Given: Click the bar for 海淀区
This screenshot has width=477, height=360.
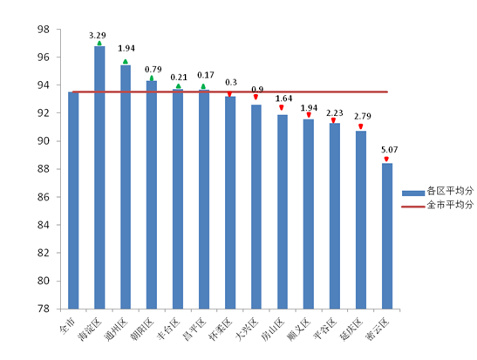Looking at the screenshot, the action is click(x=99, y=178).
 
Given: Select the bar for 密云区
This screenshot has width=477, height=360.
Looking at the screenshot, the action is click(x=387, y=236).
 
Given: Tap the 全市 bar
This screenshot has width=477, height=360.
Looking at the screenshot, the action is click(x=73, y=200).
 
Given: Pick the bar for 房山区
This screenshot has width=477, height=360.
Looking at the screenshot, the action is click(x=283, y=212).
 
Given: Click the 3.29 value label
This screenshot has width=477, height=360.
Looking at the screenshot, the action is click(x=98, y=36).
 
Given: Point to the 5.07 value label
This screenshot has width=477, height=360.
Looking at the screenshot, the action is click(x=390, y=150).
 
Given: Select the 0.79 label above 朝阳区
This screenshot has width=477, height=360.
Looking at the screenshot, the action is click(x=153, y=70).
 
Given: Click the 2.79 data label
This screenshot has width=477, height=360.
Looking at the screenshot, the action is click(x=362, y=117).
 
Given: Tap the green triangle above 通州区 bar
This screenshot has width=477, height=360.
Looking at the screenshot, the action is click(x=126, y=62).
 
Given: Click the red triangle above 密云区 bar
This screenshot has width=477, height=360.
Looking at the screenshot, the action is click(x=386, y=159).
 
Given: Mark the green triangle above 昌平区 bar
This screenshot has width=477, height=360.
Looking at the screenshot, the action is click(x=203, y=86).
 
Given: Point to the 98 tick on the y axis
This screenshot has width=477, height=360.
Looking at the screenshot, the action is click(x=43, y=30).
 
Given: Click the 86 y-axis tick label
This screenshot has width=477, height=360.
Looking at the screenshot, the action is click(x=43, y=197).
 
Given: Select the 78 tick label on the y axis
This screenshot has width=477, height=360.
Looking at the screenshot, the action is click(x=43, y=309).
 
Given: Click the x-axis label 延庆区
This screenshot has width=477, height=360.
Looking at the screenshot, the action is click(x=351, y=329).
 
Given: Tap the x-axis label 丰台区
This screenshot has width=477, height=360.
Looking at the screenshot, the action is click(x=168, y=329).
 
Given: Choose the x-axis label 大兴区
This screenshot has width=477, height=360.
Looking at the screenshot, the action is click(x=247, y=329).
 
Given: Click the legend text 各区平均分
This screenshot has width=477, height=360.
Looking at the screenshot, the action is click(x=450, y=191).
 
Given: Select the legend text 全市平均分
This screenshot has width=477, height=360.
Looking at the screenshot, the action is click(x=450, y=205).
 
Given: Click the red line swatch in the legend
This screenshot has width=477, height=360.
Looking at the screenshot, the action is click(x=413, y=207).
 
